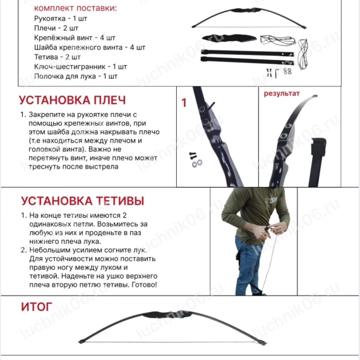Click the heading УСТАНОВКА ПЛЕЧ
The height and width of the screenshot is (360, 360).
pyautogui.click(x=72, y=100)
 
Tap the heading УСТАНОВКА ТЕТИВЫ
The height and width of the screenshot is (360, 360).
pyautogui.click(x=82, y=201)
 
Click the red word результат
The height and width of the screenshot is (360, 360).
pyautogui.click(x=282, y=93)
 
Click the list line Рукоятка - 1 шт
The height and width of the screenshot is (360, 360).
pyautogui.click(x=61, y=19)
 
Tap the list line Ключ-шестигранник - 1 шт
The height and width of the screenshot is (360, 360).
pyautogui.click(x=80, y=66)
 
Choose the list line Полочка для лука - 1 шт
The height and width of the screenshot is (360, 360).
pyautogui.click(x=76, y=76)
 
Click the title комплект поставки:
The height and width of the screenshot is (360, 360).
pyautogui.click(x=75, y=8)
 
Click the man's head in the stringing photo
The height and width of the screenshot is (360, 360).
pyautogui.click(x=268, y=193)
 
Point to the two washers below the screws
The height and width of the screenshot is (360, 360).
pyautogui.click(x=197, y=163)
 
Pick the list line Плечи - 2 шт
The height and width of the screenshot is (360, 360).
pyautogui.click(x=56, y=28)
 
